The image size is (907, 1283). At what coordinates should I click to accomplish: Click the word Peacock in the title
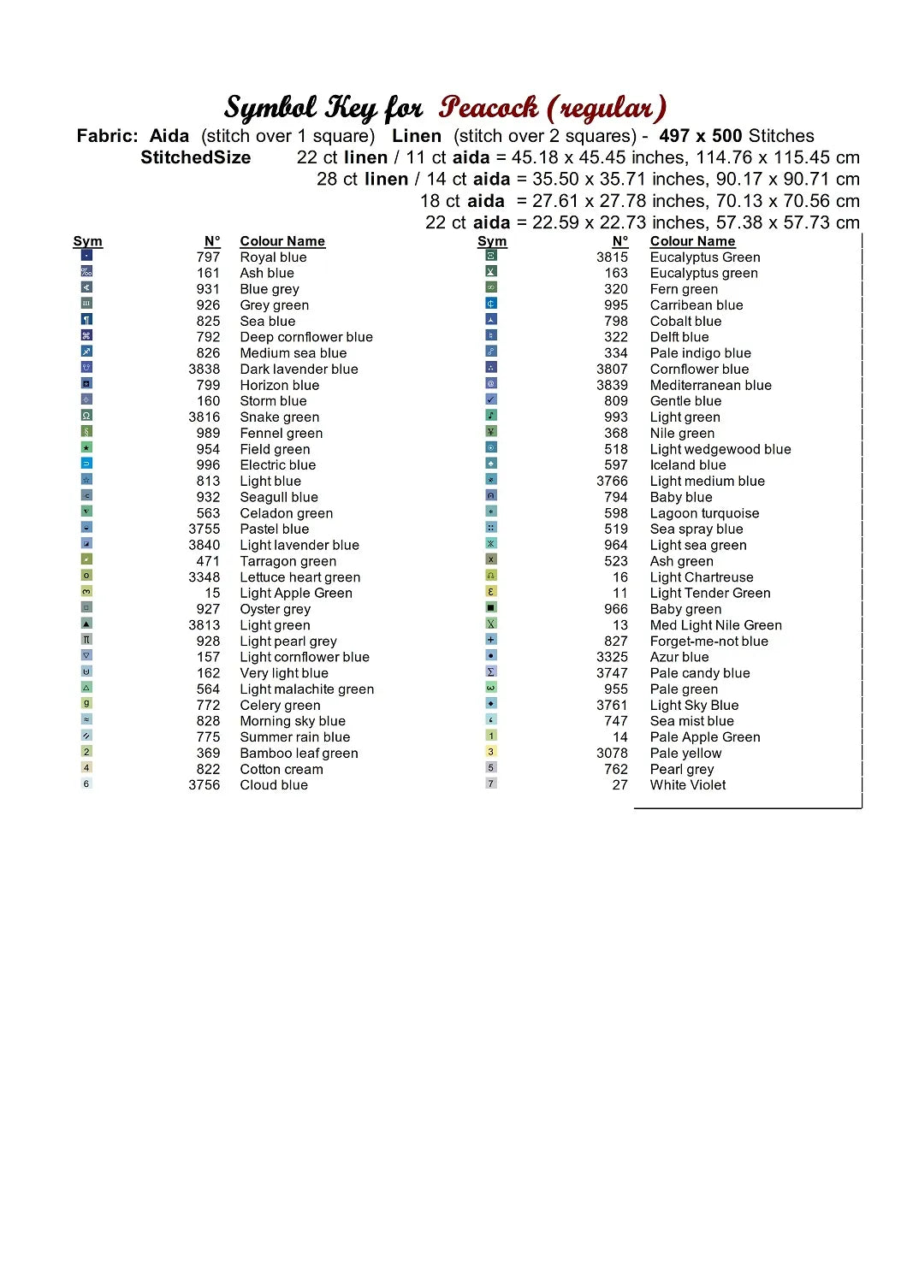489,108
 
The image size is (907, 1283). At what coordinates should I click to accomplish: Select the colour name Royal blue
273,257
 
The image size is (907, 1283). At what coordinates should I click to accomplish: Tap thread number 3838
204,370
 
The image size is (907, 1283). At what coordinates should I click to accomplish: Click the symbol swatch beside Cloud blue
86,783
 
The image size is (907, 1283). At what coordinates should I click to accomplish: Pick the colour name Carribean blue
696,305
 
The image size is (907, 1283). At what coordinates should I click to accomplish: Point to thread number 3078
612,754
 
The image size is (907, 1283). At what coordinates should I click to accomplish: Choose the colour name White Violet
687,785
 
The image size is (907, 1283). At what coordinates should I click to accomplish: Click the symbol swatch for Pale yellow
491,752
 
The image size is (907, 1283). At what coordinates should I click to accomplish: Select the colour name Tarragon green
288,562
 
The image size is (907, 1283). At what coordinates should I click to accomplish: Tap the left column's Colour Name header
282,241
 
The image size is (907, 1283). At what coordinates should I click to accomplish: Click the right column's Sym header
492,241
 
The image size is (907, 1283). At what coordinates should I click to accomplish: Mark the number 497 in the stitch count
674,136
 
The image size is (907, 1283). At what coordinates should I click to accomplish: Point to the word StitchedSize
195,157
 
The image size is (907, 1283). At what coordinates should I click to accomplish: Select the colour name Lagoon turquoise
704,513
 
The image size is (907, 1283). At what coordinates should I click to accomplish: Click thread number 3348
204,577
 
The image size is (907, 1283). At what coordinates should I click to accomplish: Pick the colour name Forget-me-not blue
708,641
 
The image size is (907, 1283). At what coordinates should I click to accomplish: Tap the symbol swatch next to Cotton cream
86,768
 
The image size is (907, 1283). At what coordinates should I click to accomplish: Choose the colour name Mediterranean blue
710,386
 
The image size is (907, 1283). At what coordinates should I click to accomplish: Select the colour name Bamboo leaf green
299,754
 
